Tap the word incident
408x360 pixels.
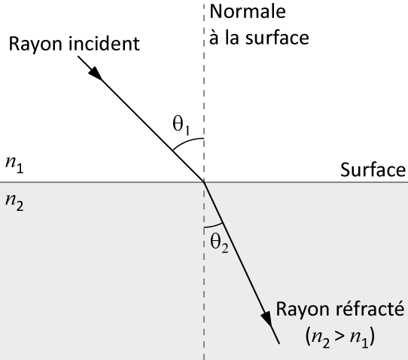pos(105,43)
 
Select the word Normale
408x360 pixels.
pos(248,12)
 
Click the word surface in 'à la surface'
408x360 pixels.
pos(277,38)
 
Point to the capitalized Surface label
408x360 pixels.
pos(373,169)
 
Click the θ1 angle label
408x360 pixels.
pos(181,125)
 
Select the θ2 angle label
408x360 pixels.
pos(219,243)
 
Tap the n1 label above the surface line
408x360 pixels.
pos(14,165)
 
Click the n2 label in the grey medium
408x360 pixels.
pos(14,203)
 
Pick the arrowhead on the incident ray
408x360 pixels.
pos(96,73)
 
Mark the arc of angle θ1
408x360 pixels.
pos(186,142)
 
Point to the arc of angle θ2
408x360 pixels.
pos(214,226)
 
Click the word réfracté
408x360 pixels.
pos(370,309)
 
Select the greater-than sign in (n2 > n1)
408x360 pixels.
pos(339,337)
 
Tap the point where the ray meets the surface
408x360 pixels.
pos(204,182)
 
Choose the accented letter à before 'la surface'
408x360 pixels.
pos(214,38)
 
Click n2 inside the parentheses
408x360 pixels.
pos(321,339)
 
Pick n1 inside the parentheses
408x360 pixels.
pos(359,339)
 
